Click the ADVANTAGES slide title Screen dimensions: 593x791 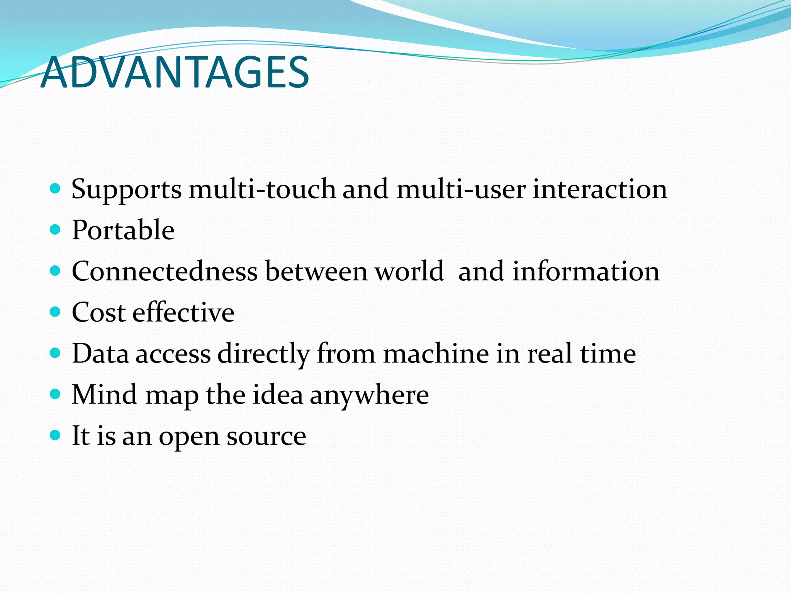(175, 73)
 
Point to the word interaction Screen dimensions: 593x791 (600, 189)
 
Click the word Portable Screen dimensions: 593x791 (123, 230)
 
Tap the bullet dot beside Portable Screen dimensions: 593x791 (56, 230)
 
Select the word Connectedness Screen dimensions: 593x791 (165, 271)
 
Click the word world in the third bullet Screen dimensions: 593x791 (409, 271)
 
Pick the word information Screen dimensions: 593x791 (586, 271)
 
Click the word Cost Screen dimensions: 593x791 (99, 312)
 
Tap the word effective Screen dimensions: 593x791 (183, 312)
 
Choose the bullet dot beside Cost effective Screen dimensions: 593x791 (56, 312)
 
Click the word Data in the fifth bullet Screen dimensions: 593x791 (100, 354)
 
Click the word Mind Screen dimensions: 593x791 (104, 395)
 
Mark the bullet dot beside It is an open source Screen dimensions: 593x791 (56, 435)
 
